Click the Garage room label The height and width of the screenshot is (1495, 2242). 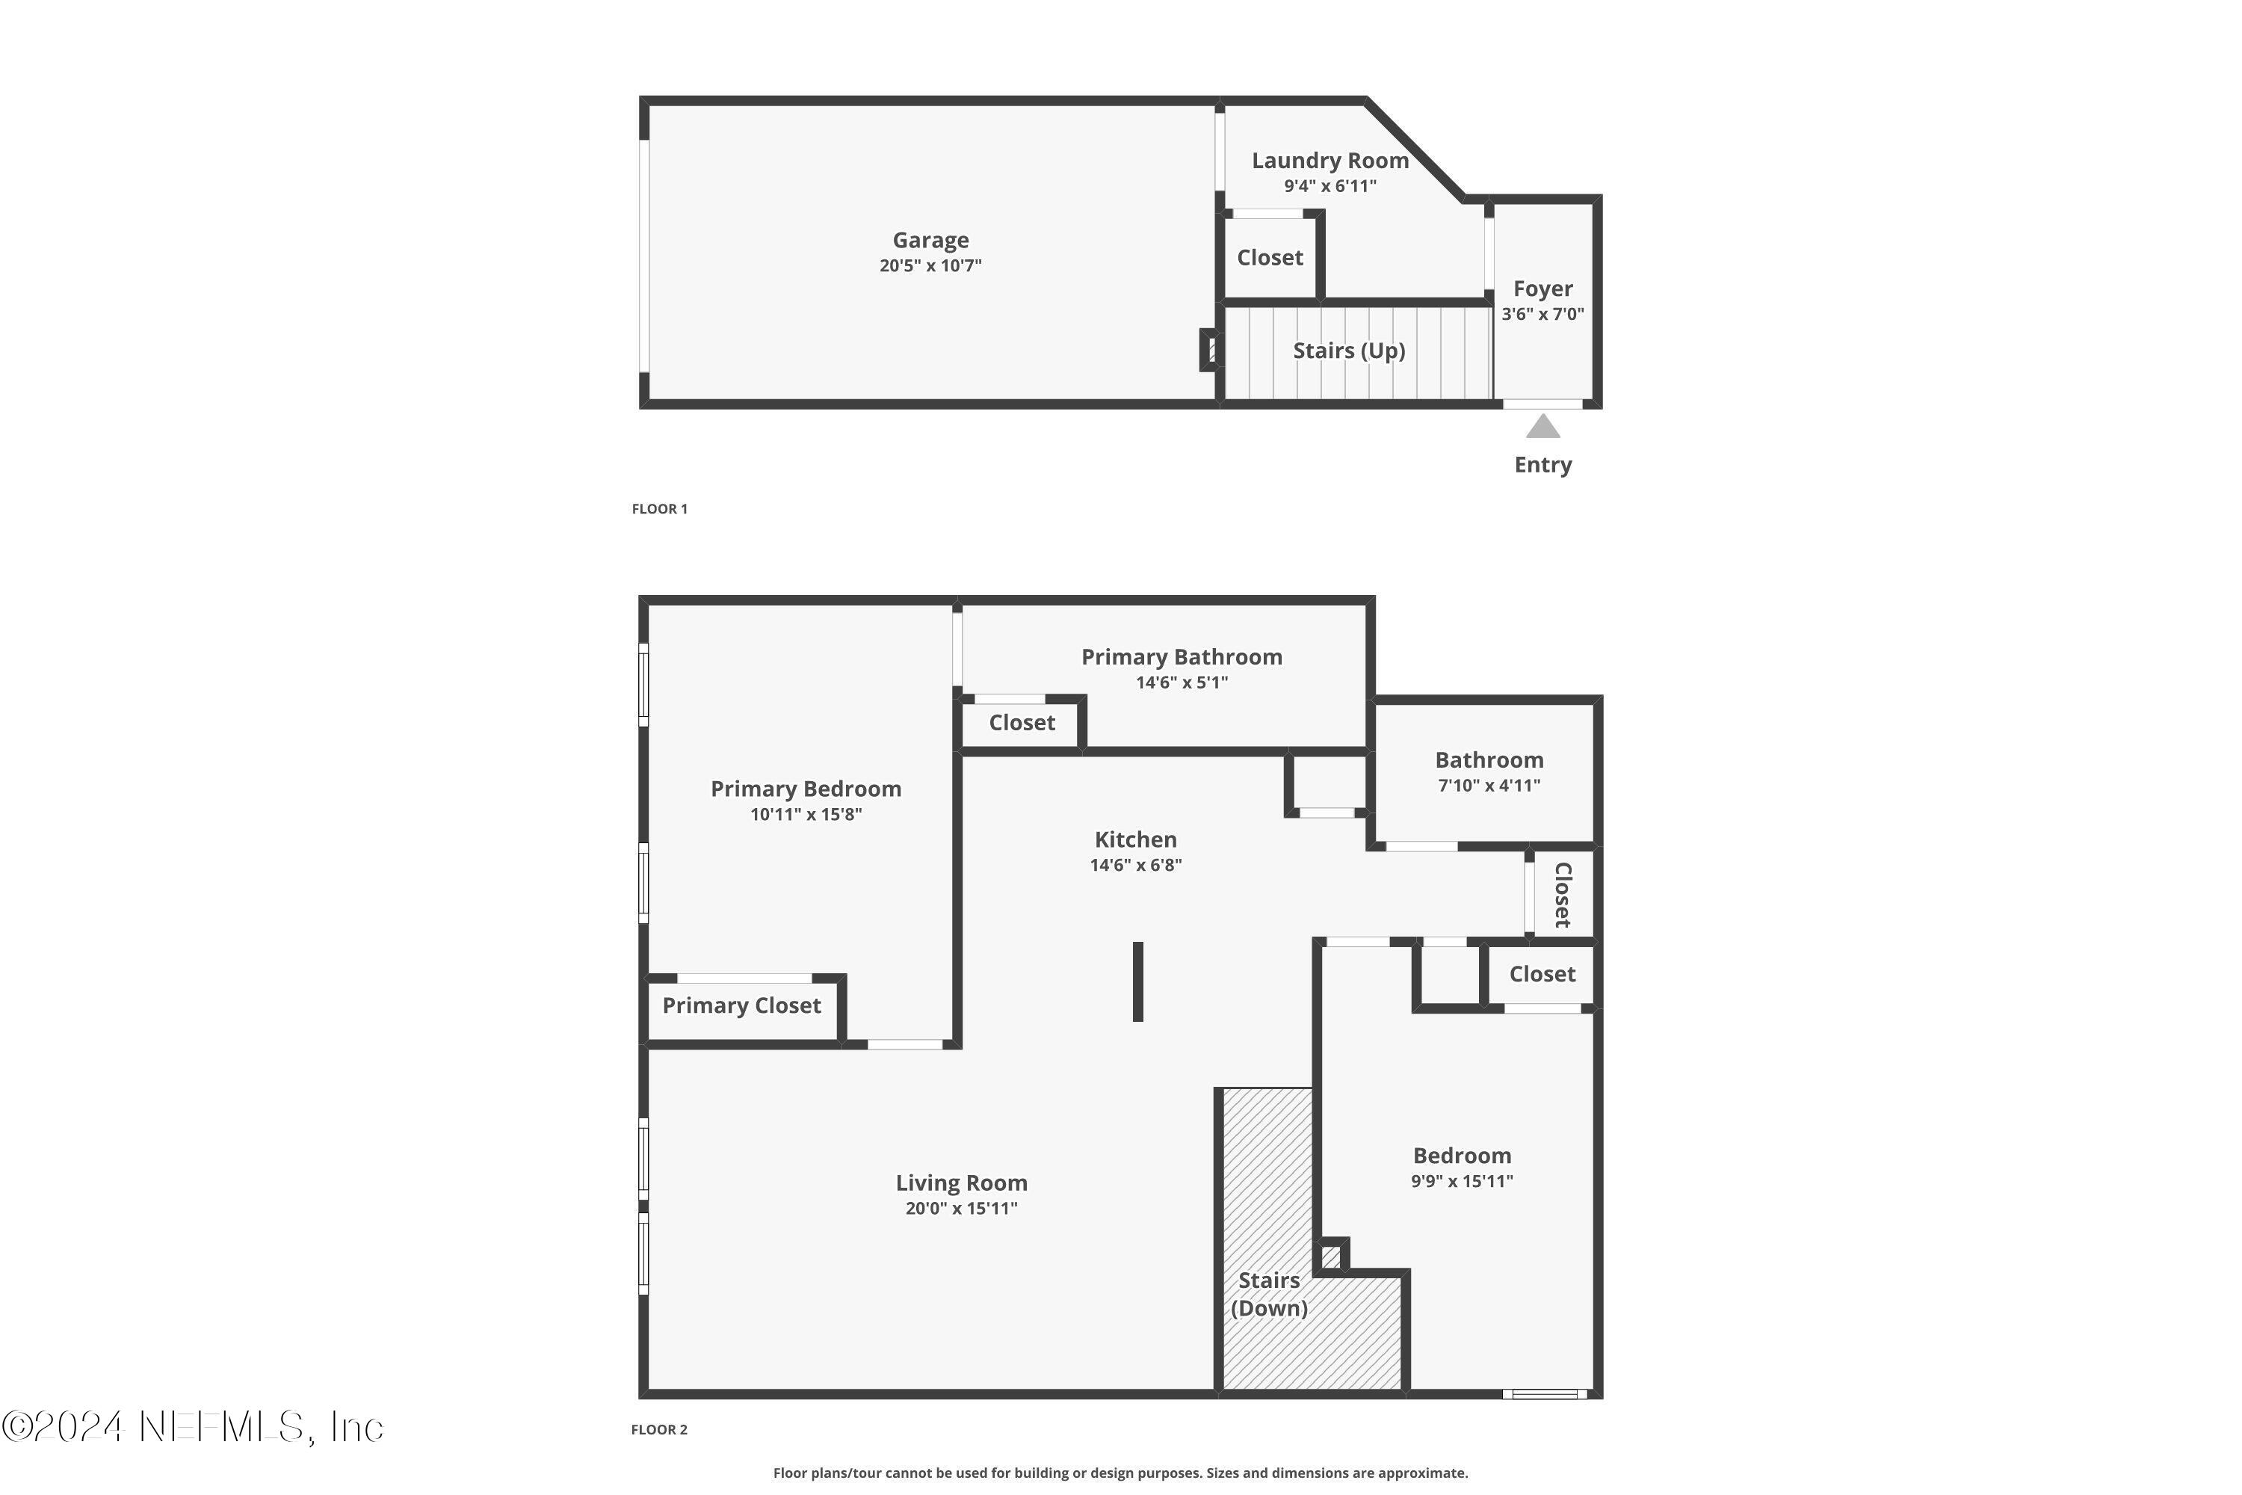pyautogui.click(x=930, y=240)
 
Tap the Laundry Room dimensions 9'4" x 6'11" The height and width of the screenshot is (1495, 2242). pyautogui.click(x=1330, y=186)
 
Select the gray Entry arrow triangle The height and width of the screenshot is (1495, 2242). pyautogui.click(x=1542, y=426)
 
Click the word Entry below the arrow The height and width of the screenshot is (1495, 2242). pyautogui.click(x=1542, y=464)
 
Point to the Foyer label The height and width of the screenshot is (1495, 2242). pyautogui.click(x=1542, y=288)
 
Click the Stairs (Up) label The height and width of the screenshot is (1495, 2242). pyautogui.click(x=1349, y=350)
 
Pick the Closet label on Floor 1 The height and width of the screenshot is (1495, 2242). pyautogui.click(x=1270, y=257)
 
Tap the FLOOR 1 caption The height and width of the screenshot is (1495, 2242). pyautogui.click(x=658, y=508)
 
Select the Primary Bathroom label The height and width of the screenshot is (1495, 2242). pyautogui.click(x=1181, y=657)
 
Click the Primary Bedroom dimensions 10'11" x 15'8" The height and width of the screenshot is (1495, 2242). pyautogui.click(x=806, y=814)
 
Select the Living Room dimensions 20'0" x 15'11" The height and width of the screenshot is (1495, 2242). pyautogui.click(x=961, y=1208)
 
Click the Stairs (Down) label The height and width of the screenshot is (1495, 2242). pyautogui.click(x=1269, y=1294)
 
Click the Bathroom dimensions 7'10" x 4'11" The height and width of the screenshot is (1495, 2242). pyautogui.click(x=1489, y=786)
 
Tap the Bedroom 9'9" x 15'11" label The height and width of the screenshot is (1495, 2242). pyautogui.click(x=1461, y=1156)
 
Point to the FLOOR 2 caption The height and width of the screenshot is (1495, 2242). pyautogui.click(x=658, y=1429)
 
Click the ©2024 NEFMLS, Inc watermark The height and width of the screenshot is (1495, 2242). pyautogui.click(x=193, y=1427)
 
